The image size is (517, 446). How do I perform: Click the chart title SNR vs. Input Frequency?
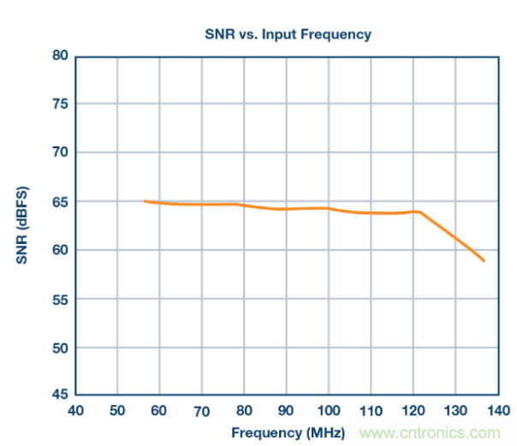(286, 34)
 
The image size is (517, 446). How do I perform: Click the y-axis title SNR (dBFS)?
(22, 224)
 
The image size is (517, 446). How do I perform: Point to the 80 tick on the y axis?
(58, 56)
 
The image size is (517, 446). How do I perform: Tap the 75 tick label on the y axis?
(58, 104)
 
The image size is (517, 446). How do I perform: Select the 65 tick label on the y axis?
(58, 202)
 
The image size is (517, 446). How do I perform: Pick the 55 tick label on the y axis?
(58, 300)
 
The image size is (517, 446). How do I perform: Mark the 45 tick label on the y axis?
(58, 395)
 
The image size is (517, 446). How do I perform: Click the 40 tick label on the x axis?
(75, 411)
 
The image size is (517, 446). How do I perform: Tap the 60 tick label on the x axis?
(159, 411)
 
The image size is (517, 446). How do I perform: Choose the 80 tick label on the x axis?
(244, 411)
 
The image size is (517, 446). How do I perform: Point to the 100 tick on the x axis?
(328, 411)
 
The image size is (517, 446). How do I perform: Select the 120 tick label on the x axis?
(413, 411)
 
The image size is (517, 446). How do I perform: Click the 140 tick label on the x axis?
(496, 411)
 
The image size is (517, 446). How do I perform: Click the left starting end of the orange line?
(145, 201)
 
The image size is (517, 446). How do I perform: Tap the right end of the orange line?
(484, 260)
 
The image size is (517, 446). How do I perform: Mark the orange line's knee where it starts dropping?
(420, 211)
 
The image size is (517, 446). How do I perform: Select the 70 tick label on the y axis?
(58, 153)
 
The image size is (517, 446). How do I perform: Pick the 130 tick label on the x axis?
(455, 411)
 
